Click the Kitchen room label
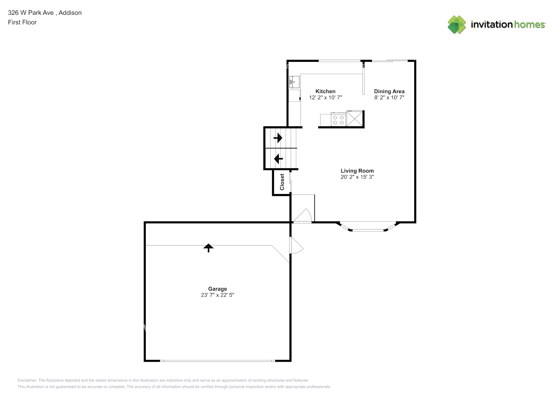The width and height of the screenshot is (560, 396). point(325,91)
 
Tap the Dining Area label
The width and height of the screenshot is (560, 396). point(389,91)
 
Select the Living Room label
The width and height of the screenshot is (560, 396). point(357,171)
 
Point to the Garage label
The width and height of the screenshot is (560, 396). point(217,289)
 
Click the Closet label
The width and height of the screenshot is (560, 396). point(282,182)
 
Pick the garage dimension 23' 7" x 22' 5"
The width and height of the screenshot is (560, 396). point(217,295)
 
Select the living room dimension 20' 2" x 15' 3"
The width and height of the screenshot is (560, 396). point(357,177)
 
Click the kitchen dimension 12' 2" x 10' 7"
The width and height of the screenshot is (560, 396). point(325,97)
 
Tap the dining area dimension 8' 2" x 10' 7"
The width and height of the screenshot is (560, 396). point(389,97)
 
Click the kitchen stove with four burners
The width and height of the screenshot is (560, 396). point(339,120)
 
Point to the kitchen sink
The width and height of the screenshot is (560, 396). point(294,82)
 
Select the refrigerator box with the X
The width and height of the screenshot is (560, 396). point(354,118)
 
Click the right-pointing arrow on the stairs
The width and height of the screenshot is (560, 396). point(278,138)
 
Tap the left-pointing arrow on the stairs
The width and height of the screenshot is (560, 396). point(278,159)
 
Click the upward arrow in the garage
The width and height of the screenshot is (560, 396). point(208,248)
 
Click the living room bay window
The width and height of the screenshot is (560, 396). point(368,227)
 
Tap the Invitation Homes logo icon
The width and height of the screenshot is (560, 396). point(457,25)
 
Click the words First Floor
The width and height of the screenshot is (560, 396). point(22,22)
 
